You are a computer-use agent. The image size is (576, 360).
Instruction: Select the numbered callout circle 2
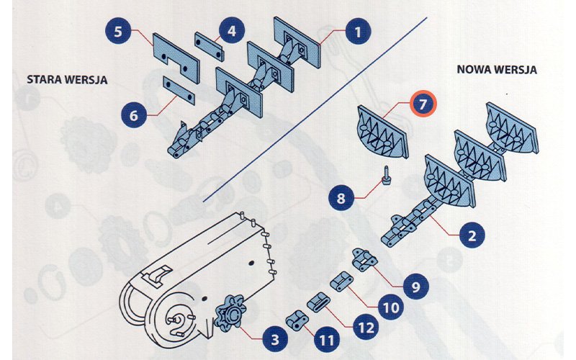coord(471,235)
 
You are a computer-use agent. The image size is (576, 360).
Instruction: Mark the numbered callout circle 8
coord(341,197)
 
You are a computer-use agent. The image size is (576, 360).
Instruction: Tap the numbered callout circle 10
coord(390,307)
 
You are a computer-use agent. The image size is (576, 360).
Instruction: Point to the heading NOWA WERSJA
coord(498,70)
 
